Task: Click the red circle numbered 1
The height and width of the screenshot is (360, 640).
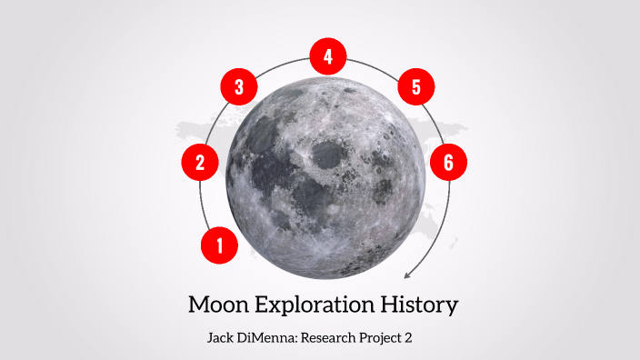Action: (219, 245)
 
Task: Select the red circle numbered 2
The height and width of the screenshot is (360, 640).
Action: (200, 164)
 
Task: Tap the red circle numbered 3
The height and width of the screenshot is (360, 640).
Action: (239, 88)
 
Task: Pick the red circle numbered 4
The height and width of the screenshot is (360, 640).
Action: (327, 57)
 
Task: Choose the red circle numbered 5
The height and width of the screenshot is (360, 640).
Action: (416, 88)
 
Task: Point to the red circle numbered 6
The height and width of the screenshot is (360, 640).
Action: (448, 164)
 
